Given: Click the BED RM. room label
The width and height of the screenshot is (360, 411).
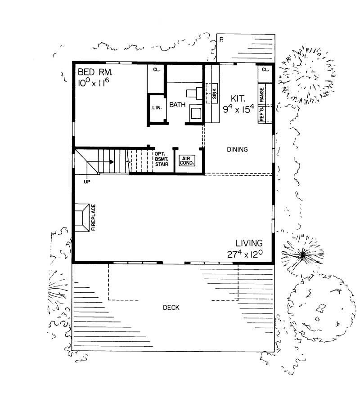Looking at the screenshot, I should pyautogui.click(x=96, y=71).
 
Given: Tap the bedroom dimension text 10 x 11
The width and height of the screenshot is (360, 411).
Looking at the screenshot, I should pyautogui.click(x=94, y=83).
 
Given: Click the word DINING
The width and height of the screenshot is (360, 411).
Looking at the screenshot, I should pyautogui.click(x=237, y=149).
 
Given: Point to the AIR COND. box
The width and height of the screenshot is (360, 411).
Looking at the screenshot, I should pyautogui.click(x=186, y=161).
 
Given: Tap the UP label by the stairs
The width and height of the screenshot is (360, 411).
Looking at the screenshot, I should pyautogui.click(x=87, y=182).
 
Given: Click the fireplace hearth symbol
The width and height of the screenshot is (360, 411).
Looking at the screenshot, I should pyautogui.click(x=83, y=218).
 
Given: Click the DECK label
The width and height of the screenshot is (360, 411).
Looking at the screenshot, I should pyautogui.click(x=171, y=308).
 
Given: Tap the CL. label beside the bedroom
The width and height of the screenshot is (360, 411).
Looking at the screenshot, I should pyautogui.click(x=156, y=70).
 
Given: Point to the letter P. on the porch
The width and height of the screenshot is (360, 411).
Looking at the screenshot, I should pyautogui.click(x=221, y=40).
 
